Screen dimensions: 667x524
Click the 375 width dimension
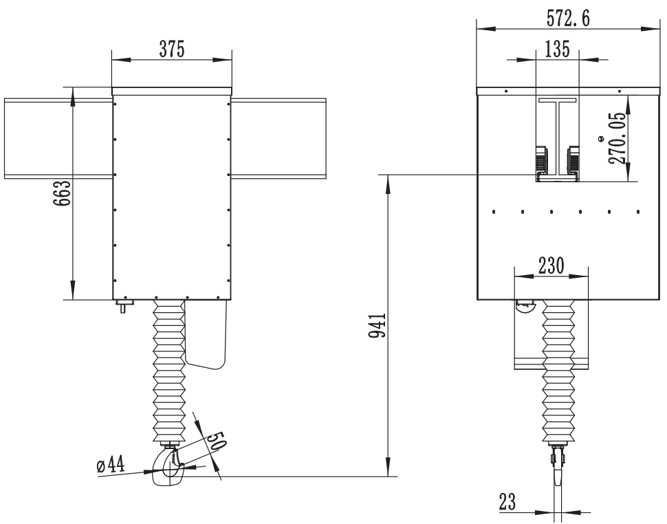click(172, 50)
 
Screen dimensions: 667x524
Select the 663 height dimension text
click(62, 193)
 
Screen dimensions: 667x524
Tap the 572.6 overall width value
click(568, 19)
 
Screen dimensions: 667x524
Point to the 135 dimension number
click(557, 49)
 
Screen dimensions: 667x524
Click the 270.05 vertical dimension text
click(617, 138)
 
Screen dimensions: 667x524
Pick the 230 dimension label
click(551, 266)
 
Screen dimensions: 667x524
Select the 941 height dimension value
click(377, 325)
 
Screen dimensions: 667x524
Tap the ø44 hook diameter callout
click(111, 465)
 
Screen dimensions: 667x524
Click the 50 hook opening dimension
click(216, 441)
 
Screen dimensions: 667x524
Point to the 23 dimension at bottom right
click(507, 502)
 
